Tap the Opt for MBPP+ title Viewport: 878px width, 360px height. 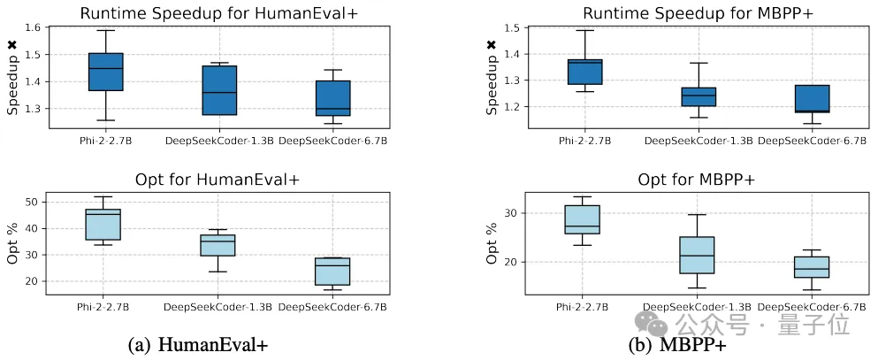tap(697, 180)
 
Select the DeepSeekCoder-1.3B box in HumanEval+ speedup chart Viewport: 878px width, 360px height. tap(219, 90)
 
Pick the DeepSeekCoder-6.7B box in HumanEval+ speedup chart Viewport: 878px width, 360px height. tap(332, 98)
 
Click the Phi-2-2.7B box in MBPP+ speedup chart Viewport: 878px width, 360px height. tap(584, 72)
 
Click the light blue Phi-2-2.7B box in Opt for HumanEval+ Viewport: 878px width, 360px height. tap(103, 225)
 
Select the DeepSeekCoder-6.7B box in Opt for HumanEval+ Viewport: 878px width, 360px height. tap(332, 272)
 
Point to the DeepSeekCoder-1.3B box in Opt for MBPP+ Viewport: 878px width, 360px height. tap(697, 255)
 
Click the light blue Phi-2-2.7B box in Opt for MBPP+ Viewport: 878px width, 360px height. tap(583, 219)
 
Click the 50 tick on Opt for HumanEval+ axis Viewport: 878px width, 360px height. tap(56, 203)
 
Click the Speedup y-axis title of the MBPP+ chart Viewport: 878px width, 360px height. tap(492, 80)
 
